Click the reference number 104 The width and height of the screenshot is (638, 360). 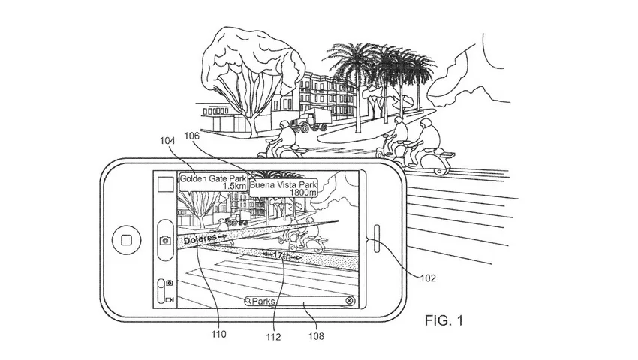point(167,141)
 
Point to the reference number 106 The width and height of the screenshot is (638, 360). point(191,136)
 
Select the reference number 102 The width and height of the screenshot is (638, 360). point(428,277)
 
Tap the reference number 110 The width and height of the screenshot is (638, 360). point(218,334)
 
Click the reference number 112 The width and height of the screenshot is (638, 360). point(273,337)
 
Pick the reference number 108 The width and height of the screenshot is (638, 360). point(316,336)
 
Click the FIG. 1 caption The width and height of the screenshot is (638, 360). point(444,320)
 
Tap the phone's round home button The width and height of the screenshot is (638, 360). point(126,239)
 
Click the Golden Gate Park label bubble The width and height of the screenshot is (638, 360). point(213,182)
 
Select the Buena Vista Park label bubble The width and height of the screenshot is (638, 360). point(283,188)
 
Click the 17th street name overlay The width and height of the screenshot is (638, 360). point(281,256)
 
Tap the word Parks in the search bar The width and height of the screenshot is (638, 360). point(263,301)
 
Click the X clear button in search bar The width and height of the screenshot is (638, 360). point(349,301)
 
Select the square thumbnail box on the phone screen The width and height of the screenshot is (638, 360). point(166,184)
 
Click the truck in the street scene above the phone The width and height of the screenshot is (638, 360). point(309,121)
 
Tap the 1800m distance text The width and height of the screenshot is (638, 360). point(303,193)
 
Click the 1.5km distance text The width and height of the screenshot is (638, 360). point(235,186)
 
